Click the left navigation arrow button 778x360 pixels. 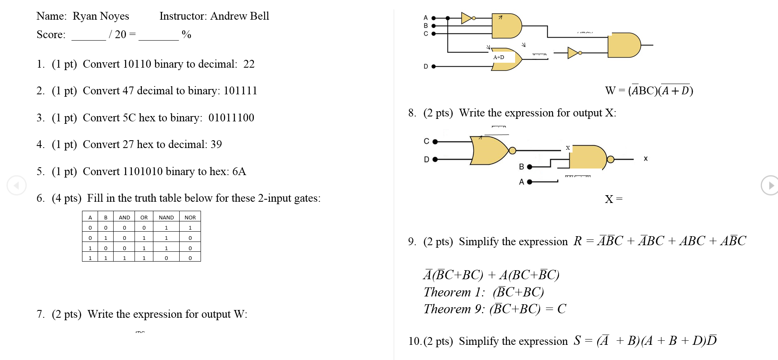pos(16,185)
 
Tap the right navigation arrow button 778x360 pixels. pos(770,185)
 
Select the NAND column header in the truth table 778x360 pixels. pos(166,217)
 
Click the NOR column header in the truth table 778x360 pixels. pos(190,217)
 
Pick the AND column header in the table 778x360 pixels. pos(124,217)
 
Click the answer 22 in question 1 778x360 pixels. pos(249,64)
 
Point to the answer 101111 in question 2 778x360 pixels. pos(240,91)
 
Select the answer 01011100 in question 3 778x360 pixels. pos(231,118)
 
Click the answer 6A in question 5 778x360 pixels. pos(239,171)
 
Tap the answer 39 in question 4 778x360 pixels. pos(216,144)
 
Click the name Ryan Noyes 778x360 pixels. pos(101,16)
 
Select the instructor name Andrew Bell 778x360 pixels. pos(240,16)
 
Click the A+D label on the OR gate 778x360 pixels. pos(499,57)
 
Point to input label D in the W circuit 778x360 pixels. pos(426,66)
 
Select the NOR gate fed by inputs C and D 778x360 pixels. pos(490,150)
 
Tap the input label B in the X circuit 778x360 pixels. pos(521,166)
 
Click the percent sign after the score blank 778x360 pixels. pos(186,34)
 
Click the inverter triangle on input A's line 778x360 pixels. pos(466,18)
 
